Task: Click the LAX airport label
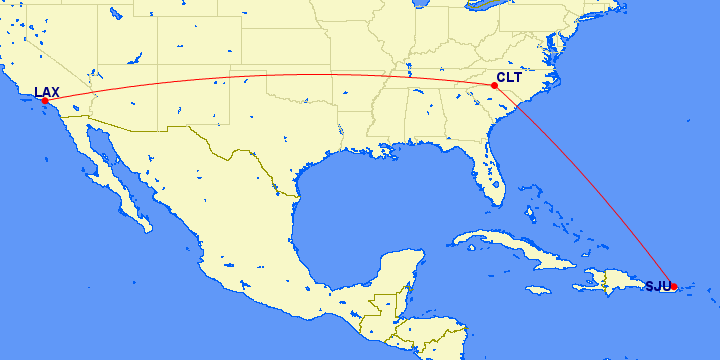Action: pyautogui.click(x=46, y=92)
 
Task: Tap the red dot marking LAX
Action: pyautogui.click(x=45, y=101)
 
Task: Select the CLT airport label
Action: pyautogui.click(x=509, y=77)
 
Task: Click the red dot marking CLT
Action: pyautogui.click(x=494, y=85)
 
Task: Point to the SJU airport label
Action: pyautogui.click(x=658, y=286)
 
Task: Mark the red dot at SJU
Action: pyautogui.click(x=675, y=287)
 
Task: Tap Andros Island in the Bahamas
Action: pyautogui.click(x=528, y=212)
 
